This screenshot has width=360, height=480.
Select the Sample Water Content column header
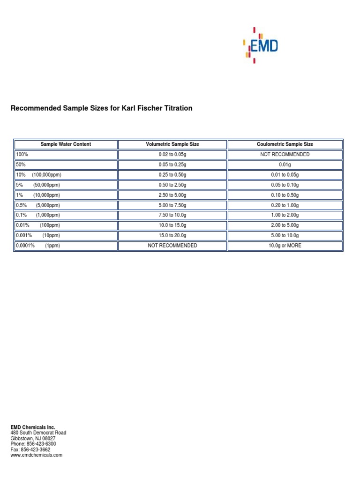click(x=66, y=144)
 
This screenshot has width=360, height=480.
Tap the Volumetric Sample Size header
click(x=172, y=144)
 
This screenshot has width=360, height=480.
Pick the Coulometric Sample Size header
click(x=285, y=144)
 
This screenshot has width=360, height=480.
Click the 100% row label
click(x=22, y=155)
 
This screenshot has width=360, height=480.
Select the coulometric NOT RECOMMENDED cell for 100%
click(x=285, y=155)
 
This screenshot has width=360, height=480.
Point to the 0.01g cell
click(x=285, y=165)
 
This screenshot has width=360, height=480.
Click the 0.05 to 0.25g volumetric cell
click(x=172, y=165)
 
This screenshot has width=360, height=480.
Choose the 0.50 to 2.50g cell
click(x=172, y=185)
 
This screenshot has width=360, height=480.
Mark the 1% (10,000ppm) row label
click(x=38, y=195)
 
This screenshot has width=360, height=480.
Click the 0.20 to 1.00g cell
click(x=285, y=205)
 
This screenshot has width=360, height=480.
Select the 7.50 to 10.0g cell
click(x=172, y=215)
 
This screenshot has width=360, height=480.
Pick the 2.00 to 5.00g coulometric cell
click(x=285, y=225)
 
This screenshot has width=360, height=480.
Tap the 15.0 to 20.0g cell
click(x=172, y=236)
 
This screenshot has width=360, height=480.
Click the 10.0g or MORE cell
click(x=285, y=246)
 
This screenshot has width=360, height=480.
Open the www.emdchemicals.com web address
click(x=36, y=455)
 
